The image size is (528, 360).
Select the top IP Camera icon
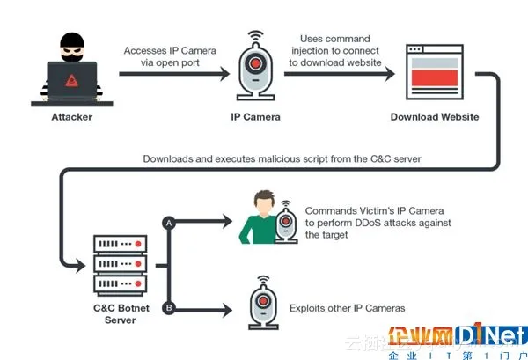256,68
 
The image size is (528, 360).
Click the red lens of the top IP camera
256,64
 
